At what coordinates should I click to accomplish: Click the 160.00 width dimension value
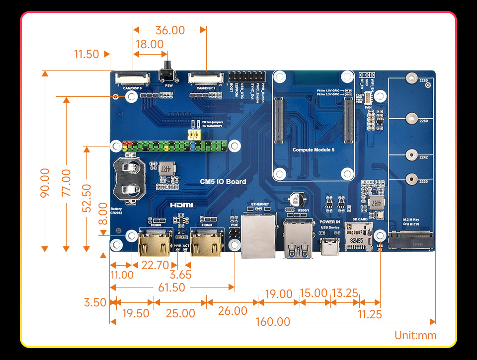273,322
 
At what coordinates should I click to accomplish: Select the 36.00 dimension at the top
170,30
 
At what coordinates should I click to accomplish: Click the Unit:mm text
415,335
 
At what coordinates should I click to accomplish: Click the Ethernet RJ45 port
258,233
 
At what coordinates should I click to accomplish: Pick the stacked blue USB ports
299,240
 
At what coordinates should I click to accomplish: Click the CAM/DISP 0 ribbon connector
133,78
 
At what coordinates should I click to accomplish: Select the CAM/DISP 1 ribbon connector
206,78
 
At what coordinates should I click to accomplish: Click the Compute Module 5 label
313,149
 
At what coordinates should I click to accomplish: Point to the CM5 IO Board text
223,182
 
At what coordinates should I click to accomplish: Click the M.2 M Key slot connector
411,242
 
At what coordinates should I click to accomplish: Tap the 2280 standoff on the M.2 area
411,78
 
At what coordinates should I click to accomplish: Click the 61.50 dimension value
171,288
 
